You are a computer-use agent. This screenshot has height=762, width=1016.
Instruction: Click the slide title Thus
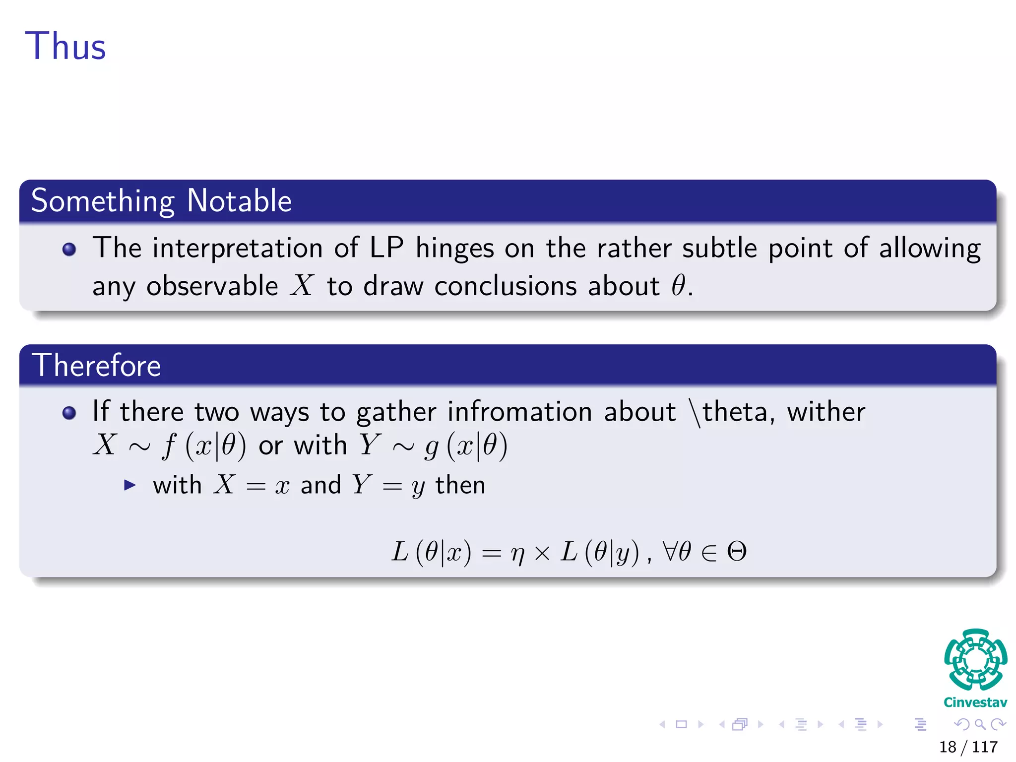[65, 46]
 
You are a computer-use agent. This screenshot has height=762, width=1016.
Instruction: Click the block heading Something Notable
[161, 201]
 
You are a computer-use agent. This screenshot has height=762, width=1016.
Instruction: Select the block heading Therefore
[96, 366]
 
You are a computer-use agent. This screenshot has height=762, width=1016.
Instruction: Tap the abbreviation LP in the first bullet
[386, 247]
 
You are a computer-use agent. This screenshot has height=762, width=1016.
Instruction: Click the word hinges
[455, 248]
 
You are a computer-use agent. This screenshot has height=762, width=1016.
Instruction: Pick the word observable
[212, 286]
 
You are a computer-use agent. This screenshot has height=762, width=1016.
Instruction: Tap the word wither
[826, 412]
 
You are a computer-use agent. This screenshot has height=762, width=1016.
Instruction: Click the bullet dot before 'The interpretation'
[69, 249]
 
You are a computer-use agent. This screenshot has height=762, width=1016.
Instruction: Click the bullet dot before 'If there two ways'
[69, 413]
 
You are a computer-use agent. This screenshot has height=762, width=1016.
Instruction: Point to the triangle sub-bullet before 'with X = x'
[130, 485]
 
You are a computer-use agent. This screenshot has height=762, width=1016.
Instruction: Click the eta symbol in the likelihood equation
[517, 553]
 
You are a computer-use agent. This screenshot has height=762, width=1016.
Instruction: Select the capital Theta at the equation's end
[737, 551]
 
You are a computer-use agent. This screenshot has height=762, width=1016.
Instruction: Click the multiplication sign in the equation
[542, 553]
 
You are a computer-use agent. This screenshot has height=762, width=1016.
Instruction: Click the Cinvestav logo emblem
[975, 659]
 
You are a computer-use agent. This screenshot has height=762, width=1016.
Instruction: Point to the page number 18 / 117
[968, 747]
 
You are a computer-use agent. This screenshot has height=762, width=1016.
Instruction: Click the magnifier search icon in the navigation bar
[980, 724]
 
